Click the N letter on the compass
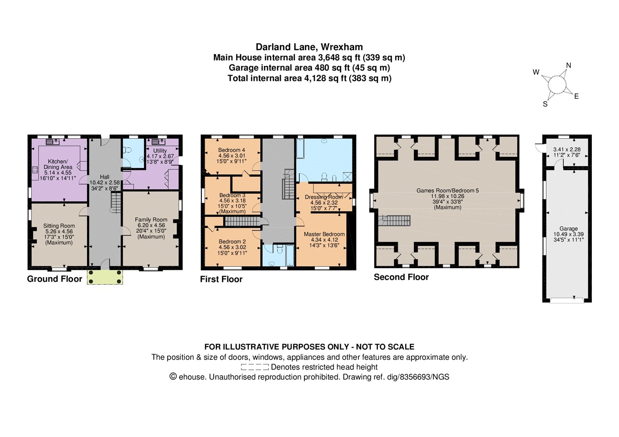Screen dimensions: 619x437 point(568,66)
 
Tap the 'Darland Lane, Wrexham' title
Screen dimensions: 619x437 point(309,47)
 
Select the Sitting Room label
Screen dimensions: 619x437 point(59,226)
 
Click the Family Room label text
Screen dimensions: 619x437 point(151,220)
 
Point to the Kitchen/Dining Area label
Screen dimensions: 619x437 point(58,164)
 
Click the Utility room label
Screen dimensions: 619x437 point(160,151)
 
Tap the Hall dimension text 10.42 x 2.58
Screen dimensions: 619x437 point(105,182)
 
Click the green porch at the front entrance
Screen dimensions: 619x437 point(105,277)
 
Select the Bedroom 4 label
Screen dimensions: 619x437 point(232,150)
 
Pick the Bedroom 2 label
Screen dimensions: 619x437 point(232,241)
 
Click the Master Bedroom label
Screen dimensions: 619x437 point(324,234)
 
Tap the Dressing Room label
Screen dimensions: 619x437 point(324,197)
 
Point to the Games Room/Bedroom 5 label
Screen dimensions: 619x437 point(448,191)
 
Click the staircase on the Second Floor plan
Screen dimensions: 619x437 point(395,221)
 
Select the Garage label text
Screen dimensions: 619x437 point(568,229)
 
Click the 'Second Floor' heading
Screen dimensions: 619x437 point(401,277)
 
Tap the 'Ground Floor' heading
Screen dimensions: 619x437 point(54,279)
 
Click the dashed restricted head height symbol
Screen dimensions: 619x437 point(255,367)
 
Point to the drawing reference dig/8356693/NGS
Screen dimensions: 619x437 point(418,377)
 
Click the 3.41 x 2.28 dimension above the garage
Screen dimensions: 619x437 point(567,149)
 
